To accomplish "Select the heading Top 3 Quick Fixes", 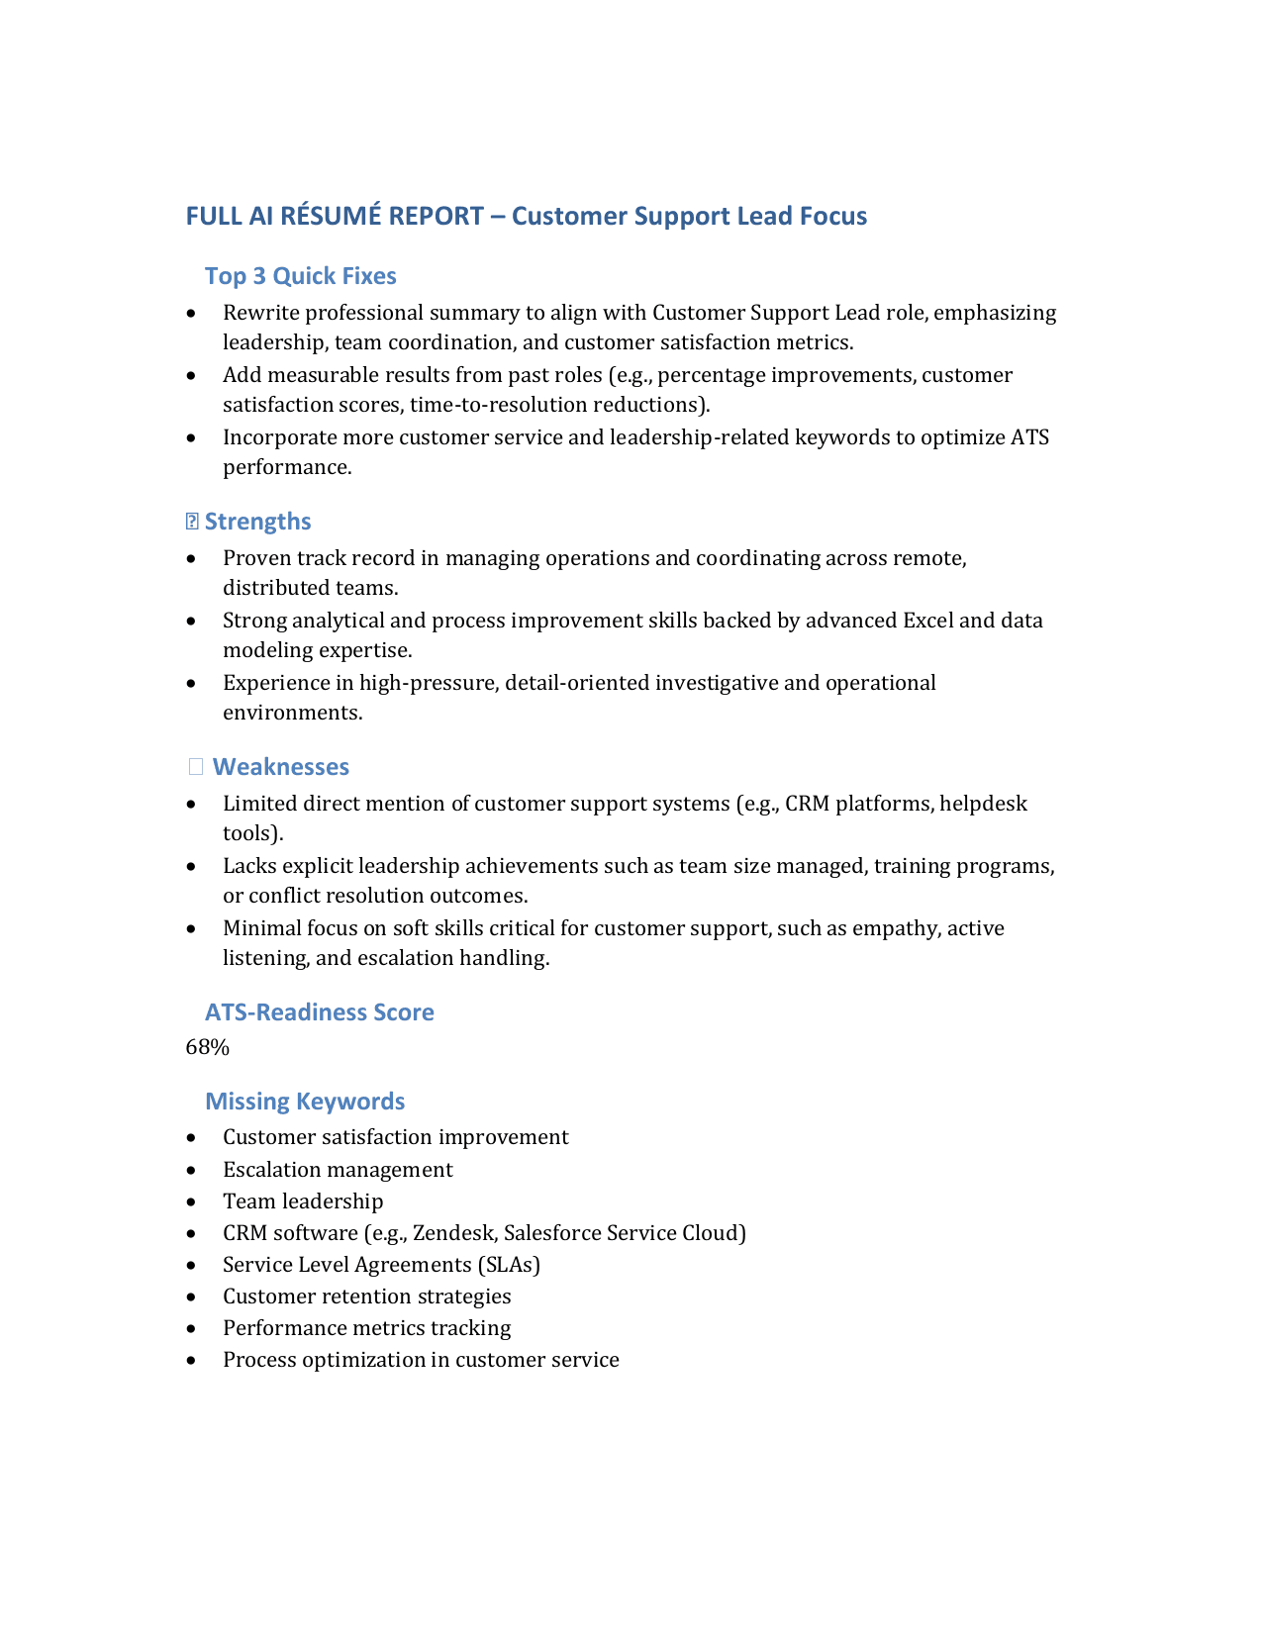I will click(x=301, y=276).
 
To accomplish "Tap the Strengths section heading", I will click(x=257, y=522).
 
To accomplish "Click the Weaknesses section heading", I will click(x=281, y=767).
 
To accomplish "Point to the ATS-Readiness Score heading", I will click(x=320, y=1012).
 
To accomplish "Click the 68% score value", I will click(x=208, y=1047).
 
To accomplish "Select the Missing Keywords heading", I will click(x=305, y=1102).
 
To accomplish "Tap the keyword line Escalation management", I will click(x=338, y=1170).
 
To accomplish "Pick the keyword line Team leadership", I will click(x=303, y=1201).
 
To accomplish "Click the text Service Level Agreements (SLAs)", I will click(x=381, y=1265).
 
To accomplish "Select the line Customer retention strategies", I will click(x=367, y=1297).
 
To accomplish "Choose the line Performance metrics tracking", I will click(x=367, y=1328).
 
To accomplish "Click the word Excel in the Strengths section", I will click(x=927, y=621).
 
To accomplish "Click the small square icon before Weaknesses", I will click(x=196, y=766).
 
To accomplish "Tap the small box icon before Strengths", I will click(x=193, y=521).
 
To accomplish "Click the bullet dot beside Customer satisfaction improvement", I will click(x=191, y=1138).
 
